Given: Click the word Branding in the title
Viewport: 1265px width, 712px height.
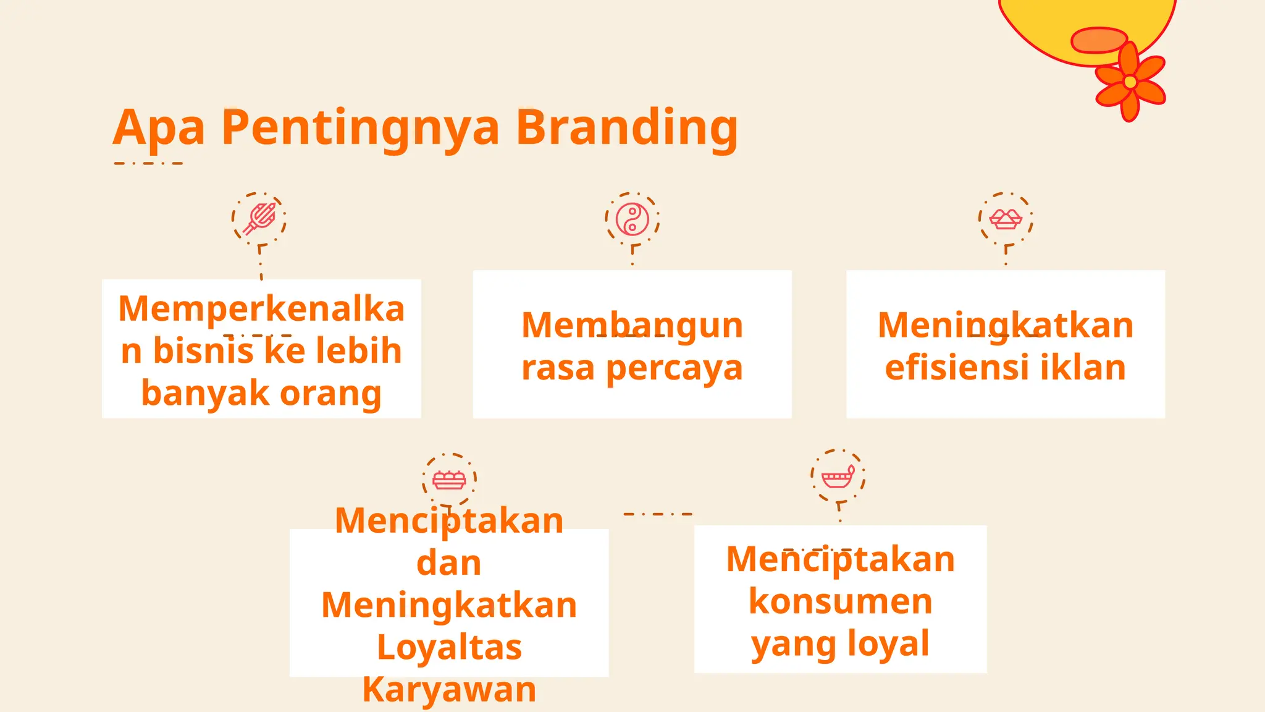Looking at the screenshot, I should (626, 128).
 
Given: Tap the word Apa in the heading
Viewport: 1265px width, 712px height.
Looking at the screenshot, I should (159, 128).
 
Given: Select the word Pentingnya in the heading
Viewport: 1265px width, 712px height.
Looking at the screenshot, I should (360, 128).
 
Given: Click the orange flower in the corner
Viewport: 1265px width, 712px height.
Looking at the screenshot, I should (1130, 82).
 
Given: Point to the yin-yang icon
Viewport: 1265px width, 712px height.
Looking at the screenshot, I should (632, 219).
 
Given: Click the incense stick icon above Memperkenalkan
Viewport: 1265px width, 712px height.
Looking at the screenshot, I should (259, 219).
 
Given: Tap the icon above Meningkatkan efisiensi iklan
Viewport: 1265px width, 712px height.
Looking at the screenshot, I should (1006, 219).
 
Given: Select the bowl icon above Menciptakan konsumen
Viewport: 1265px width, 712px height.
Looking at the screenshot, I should (838, 477).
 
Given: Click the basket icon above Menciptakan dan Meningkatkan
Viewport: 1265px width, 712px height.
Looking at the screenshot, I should (449, 480).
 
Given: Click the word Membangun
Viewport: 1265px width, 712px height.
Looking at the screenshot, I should (632, 326).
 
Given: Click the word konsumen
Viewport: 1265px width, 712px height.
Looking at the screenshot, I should (840, 601).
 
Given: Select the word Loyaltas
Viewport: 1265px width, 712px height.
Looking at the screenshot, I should (449, 647).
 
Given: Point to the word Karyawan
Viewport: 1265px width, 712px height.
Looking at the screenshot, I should (449, 690).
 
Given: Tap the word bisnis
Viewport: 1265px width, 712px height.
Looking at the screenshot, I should (203, 351).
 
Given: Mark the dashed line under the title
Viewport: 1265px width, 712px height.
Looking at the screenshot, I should (149, 164).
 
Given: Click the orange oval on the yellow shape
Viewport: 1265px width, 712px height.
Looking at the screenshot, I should (1099, 40).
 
